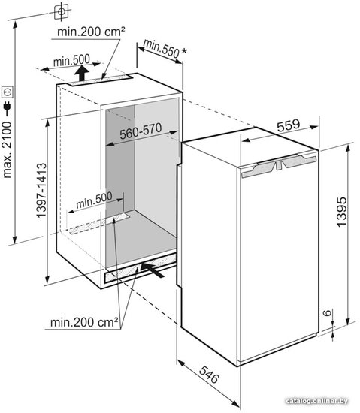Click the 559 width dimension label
point(289,125)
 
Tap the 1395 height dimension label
point(341,211)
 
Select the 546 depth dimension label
point(209,375)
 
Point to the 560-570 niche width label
point(141,131)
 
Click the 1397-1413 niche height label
point(41,191)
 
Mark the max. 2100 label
point(7,150)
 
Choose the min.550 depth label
point(162,49)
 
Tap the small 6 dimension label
point(327,312)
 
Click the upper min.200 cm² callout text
point(91,32)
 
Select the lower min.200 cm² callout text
point(84,322)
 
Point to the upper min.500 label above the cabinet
point(71,61)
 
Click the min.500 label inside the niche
point(94,200)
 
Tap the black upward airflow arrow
point(82,74)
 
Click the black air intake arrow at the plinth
point(153,270)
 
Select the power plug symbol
point(7,108)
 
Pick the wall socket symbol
point(7,92)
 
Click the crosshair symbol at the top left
point(62,11)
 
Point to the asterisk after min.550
point(184,51)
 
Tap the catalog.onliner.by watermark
point(316,401)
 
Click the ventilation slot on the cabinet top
point(100,80)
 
